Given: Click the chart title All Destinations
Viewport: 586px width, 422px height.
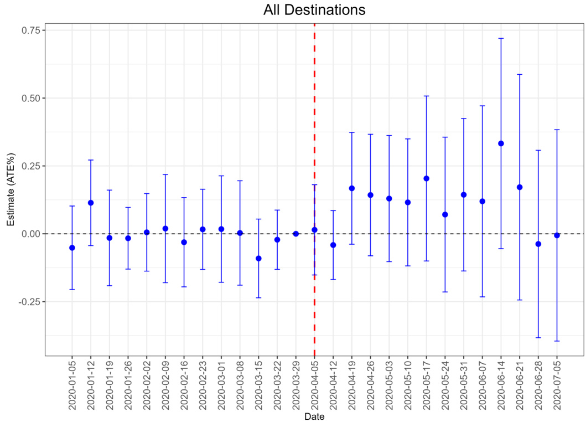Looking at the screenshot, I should [x=314, y=10].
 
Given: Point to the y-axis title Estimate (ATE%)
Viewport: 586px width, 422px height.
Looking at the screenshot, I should [x=9, y=189].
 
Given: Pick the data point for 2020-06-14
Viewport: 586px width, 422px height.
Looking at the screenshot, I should [x=501, y=143].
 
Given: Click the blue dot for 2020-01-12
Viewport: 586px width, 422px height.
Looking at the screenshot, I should [x=91, y=203].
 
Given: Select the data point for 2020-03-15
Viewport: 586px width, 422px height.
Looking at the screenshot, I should [x=258, y=258].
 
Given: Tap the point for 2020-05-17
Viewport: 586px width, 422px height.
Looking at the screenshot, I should [x=426, y=178].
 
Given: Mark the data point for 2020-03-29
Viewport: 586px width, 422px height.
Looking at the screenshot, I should [x=296, y=234].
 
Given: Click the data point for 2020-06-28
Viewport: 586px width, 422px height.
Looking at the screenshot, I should [x=538, y=244].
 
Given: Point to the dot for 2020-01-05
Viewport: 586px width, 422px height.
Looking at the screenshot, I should [x=72, y=248].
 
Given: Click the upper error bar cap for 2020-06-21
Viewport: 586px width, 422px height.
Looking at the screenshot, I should [x=520, y=74].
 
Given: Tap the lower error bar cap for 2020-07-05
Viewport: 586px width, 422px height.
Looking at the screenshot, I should [x=557, y=341].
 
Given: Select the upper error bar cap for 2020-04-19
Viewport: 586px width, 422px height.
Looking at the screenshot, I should [x=352, y=132].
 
